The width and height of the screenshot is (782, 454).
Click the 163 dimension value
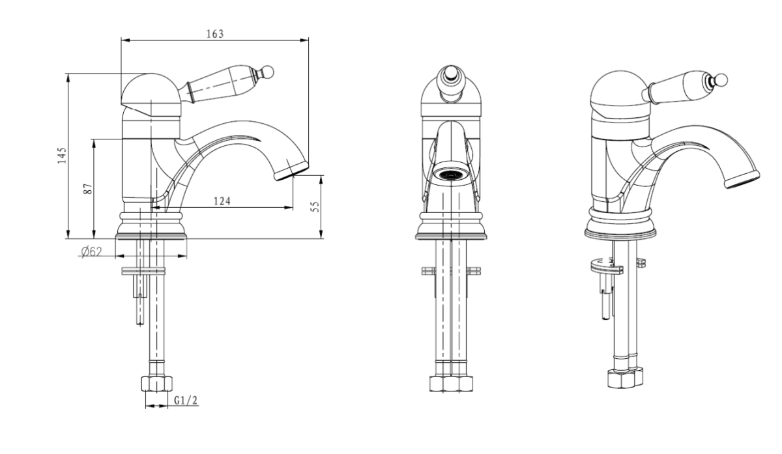click(214, 34)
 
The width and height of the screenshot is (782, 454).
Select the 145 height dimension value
click(62, 156)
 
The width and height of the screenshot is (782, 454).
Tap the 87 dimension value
click(88, 189)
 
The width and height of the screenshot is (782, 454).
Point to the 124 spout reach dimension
click(222, 201)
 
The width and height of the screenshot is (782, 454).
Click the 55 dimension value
click(315, 206)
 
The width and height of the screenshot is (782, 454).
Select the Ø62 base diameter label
click(91, 251)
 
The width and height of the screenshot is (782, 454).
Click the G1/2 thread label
click(186, 400)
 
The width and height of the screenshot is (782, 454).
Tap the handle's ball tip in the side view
click(268, 72)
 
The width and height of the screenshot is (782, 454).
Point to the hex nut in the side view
click(157, 384)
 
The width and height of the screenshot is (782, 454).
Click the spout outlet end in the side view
click(291, 171)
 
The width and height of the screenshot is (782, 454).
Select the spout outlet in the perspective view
click(742, 179)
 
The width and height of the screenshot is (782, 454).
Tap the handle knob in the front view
click(450, 74)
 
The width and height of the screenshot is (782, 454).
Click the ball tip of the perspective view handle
click(722, 80)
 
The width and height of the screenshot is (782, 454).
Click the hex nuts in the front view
click(451, 384)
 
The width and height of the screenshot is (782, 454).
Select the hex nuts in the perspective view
click(625, 378)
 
